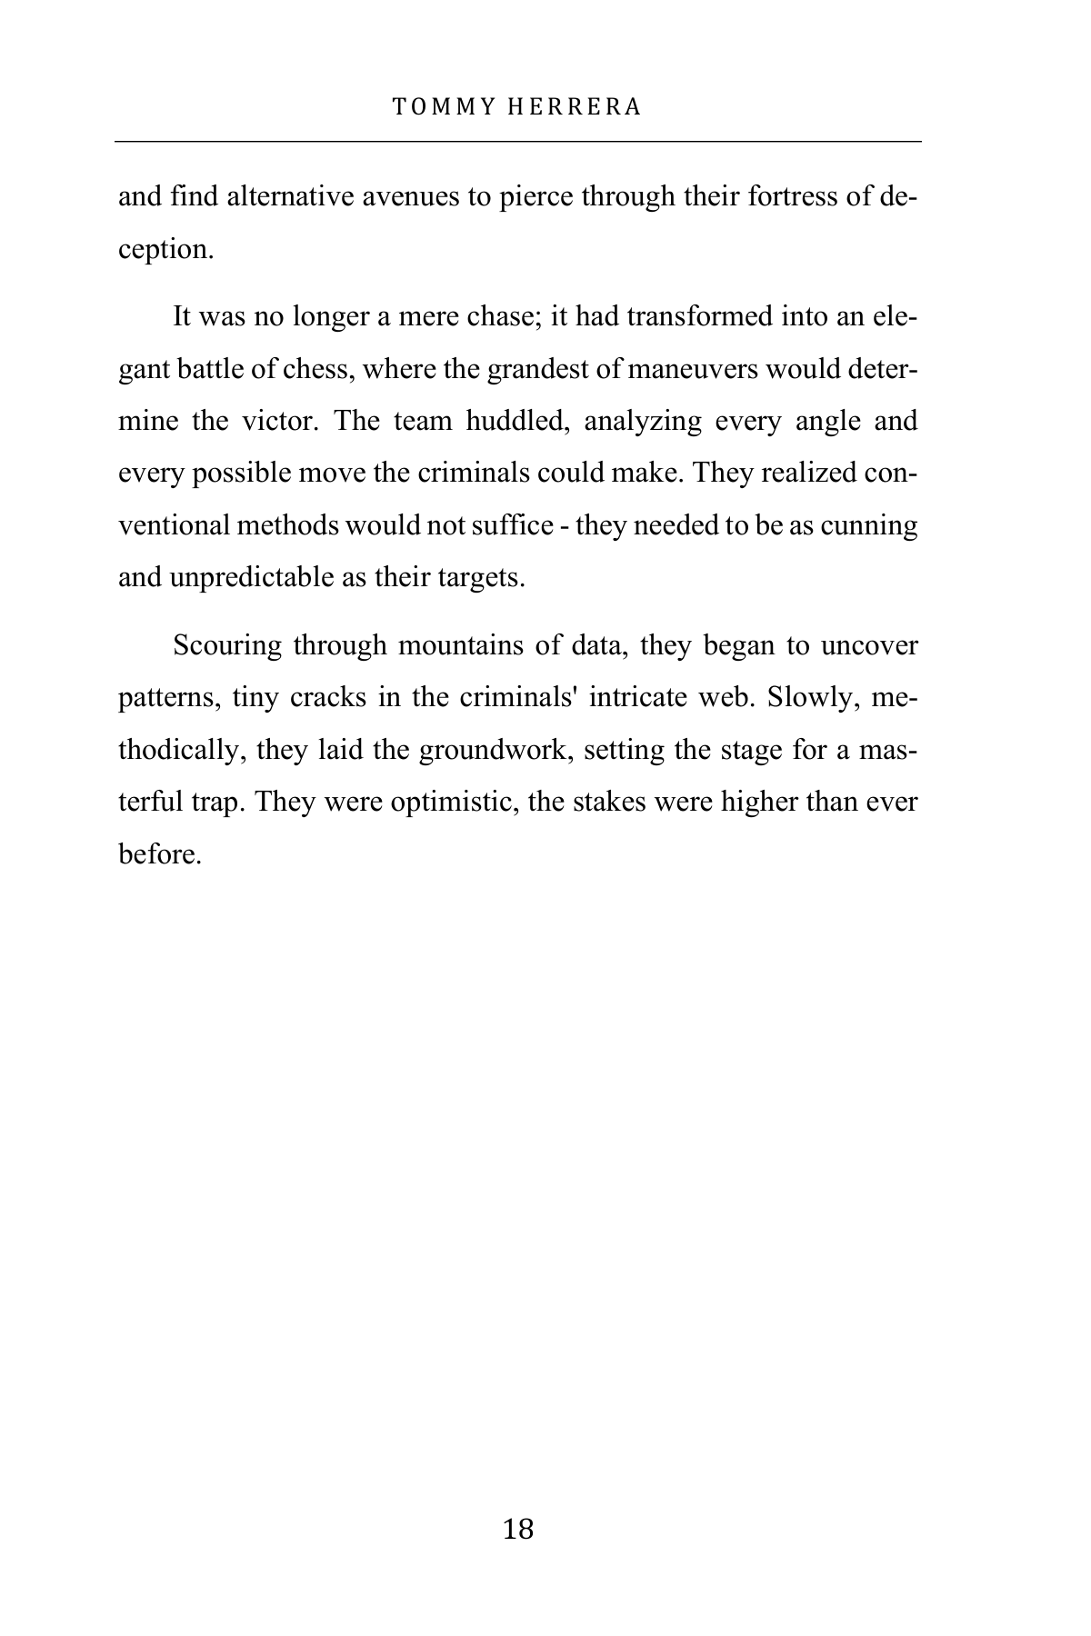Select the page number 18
coord(518,1529)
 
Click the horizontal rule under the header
coord(518,142)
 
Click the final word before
coord(159,855)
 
